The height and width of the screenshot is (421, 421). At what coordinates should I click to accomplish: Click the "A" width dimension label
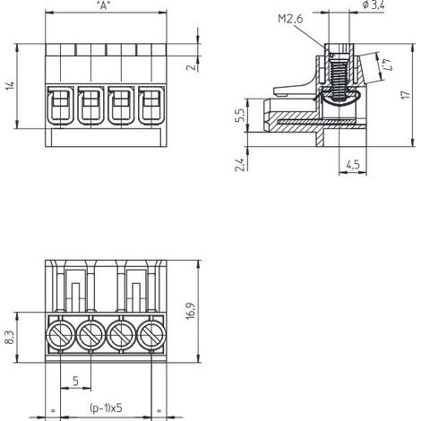pos(103,6)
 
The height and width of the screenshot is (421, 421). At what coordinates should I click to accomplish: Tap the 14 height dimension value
pos(11,86)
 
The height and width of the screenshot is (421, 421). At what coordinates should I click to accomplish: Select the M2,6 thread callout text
pos(290,19)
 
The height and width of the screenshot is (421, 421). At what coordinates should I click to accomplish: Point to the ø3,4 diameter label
pos(374,4)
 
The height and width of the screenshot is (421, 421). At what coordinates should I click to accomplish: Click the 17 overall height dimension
pos(406,95)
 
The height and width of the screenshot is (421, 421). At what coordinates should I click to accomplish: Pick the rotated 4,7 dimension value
pos(387,64)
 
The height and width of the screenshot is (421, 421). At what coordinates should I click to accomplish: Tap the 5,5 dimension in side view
pos(240,115)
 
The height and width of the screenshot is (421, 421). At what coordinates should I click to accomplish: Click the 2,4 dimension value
pos(240,165)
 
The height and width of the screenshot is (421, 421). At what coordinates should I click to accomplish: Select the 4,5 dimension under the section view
pos(353,165)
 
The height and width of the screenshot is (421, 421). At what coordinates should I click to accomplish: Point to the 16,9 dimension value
pos(191,311)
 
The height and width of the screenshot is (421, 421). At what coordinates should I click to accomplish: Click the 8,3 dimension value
pos(11,338)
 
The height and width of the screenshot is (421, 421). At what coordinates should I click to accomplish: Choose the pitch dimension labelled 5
pos(75,381)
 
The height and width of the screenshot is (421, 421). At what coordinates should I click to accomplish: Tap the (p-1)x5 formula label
pos(106,408)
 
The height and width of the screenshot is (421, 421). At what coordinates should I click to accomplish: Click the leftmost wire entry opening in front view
pos(60,105)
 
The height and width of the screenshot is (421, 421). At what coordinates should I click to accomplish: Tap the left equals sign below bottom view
pos(53,411)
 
